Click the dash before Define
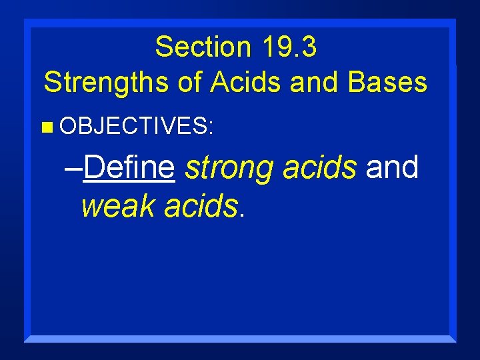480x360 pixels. point(74,169)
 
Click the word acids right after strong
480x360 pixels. point(319,167)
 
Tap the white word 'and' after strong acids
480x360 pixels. point(392,167)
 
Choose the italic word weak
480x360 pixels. point(119,207)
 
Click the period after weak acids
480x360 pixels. point(242,215)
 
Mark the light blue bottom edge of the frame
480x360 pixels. point(240,339)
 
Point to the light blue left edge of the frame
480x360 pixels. point(27,180)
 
